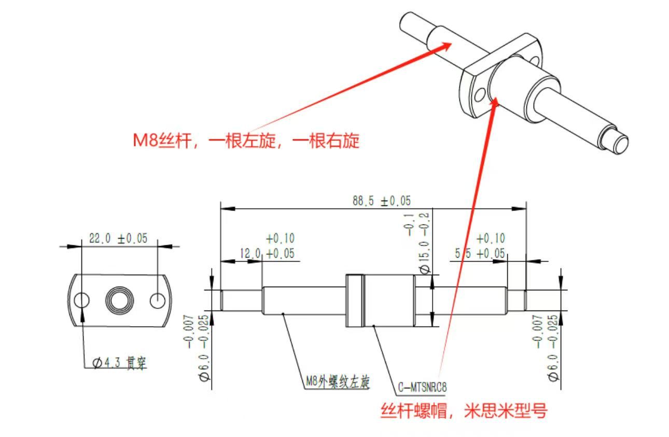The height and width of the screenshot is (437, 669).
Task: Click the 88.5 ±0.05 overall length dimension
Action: pyautogui.click(x=382, y=201)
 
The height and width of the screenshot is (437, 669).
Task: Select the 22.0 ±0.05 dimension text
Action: pyautogui.click(x=118, y=238)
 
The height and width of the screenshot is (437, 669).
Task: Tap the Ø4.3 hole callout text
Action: pyautogui.click(x=120, y=363)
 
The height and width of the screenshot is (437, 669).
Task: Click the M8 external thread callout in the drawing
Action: pyautogui.click(x=337, y=383)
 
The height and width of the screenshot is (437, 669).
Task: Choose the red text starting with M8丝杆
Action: pyautogui.click(x=246, y=140)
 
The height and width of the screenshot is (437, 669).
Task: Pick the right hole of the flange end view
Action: pyautogui.click(x=158, y=300)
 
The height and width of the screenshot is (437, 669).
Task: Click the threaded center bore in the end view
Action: pyautogui.click(x=120, y=300)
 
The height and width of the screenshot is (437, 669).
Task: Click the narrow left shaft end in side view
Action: pyautogui.click(x=241, y=300)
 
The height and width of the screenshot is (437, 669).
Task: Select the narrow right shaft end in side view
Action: pyautogui.click(x=517, y=300)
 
